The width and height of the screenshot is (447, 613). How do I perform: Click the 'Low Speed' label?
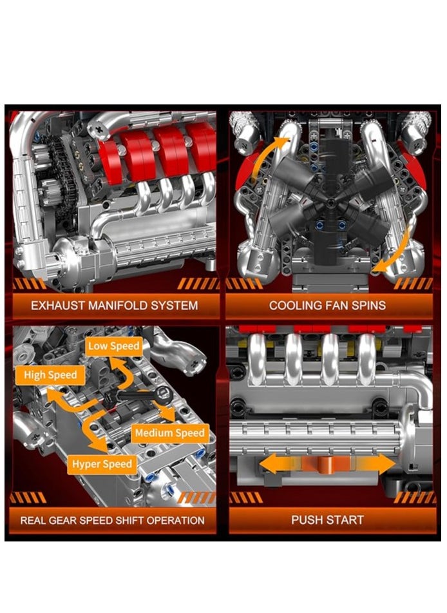(113, 346)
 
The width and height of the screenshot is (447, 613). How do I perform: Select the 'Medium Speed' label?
(170, 433)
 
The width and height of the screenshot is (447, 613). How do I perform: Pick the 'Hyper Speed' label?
(102, 463)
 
